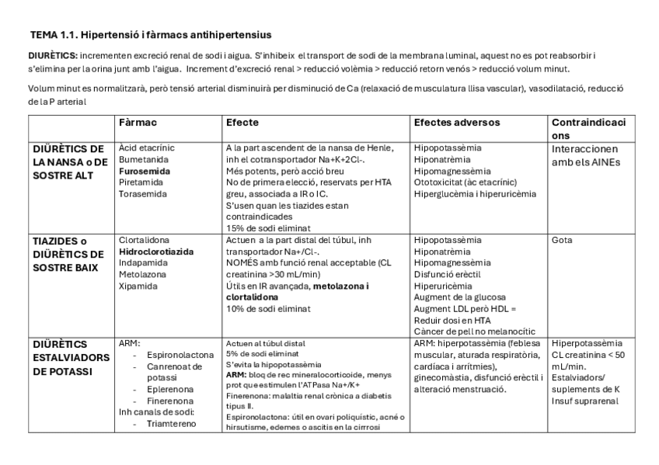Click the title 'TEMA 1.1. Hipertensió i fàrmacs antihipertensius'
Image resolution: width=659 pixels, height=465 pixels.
coord(151,35)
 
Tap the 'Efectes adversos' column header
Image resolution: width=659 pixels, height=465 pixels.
coord(457,123)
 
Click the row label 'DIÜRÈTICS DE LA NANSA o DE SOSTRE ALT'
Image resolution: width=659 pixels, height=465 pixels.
coord(68,161)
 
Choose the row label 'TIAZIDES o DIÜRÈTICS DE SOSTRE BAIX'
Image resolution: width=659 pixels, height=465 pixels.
coord(68,254)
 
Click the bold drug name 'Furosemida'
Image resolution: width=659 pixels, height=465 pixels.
coord(143,169)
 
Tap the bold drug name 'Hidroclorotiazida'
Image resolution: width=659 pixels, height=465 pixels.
coord(156,252)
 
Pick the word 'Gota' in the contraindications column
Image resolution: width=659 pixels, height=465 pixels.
coord(562,241)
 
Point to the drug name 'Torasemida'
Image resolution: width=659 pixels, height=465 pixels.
coord(141,193)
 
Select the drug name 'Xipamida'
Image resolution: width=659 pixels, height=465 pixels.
coord(138,286)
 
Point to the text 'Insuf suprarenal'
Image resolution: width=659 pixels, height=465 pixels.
coord(584,401)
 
